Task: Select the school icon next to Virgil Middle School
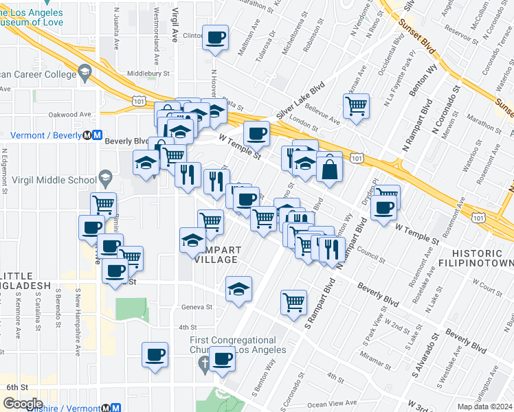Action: click(x=105, y=180)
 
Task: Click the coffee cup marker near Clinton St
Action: click(x=216, y=37)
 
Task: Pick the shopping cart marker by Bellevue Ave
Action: click(x=356, y=106)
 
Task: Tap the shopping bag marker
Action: click(x=330, y=167)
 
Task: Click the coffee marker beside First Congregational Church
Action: click(x=221, y=358)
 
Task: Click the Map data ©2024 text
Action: click(x=485, y=407)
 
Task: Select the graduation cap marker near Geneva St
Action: click(x=238, y=288)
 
